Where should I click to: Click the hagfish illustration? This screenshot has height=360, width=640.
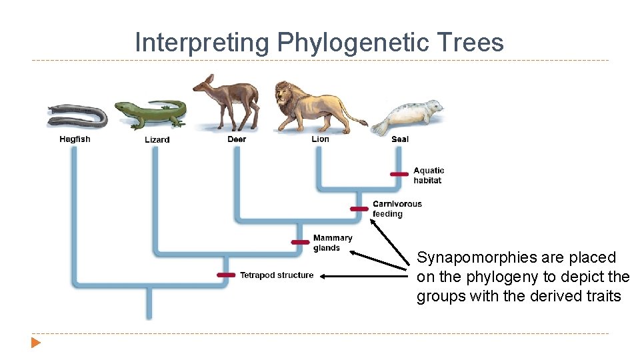click(77, 116)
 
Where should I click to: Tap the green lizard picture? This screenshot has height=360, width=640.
click(151, 114)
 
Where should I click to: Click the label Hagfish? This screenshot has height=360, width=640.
click(75, 139)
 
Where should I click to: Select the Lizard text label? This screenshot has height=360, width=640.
click(157, 140)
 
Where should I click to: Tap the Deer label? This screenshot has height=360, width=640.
click(237, 139)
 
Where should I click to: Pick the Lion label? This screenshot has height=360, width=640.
click(320, 139)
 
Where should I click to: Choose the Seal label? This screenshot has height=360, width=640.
click(400, 139)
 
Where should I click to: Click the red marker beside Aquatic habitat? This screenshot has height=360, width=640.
click(399, 175)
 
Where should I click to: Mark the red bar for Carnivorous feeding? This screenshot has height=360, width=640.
click(359, 209)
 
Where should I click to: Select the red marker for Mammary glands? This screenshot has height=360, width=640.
click(300, 242)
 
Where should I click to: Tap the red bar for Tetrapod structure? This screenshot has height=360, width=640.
click(227, 275)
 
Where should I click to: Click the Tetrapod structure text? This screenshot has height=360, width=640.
click(276, 275)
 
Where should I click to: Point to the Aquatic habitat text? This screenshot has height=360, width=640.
click(428, 175)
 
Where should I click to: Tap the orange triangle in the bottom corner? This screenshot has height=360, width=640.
click(35, 343)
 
